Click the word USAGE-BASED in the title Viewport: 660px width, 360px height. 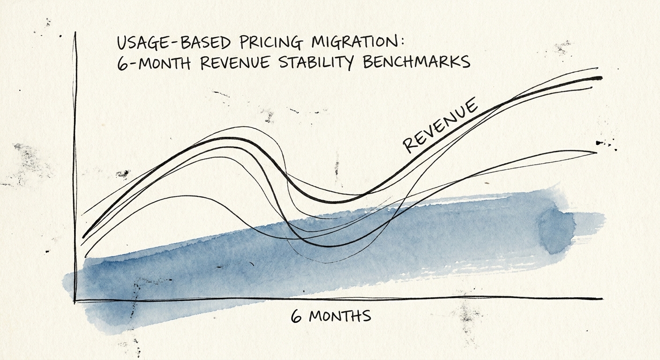tap(173, 43)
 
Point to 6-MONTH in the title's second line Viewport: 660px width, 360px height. tap(153, 63)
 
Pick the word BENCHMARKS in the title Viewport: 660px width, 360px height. tap(416, 62)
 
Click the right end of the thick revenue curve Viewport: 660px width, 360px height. tap(601, 78)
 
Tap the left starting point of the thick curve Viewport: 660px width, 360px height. tap(83, 237)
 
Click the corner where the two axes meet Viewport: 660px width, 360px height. tap(75, 300)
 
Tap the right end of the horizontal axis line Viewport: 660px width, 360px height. tap(602, 298)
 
